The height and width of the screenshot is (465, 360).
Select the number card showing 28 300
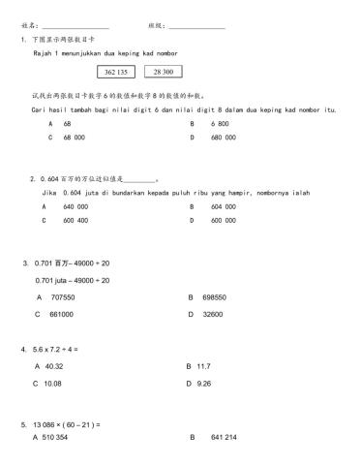click(164, 72)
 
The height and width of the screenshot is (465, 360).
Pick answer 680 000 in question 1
click(223, 138)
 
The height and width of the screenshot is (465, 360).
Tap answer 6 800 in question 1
click(220, 124)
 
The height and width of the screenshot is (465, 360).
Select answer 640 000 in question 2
click(75, 206)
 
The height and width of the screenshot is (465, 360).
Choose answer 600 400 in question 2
click(75, 220)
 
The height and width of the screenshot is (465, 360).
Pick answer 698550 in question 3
click(213, 297)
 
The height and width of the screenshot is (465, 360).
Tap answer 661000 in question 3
click(61, 314)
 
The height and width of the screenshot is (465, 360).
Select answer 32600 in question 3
click(210, 314)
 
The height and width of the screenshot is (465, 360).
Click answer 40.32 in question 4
click(55, 366)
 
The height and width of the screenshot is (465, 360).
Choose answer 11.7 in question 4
click(203, 366)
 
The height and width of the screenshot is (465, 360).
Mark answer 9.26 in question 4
click(203, 383)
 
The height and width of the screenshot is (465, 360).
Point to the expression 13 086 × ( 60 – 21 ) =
click(67, 425)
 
